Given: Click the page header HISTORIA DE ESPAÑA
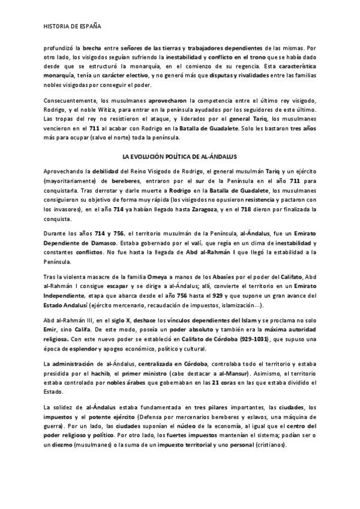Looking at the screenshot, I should click(72, 27).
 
